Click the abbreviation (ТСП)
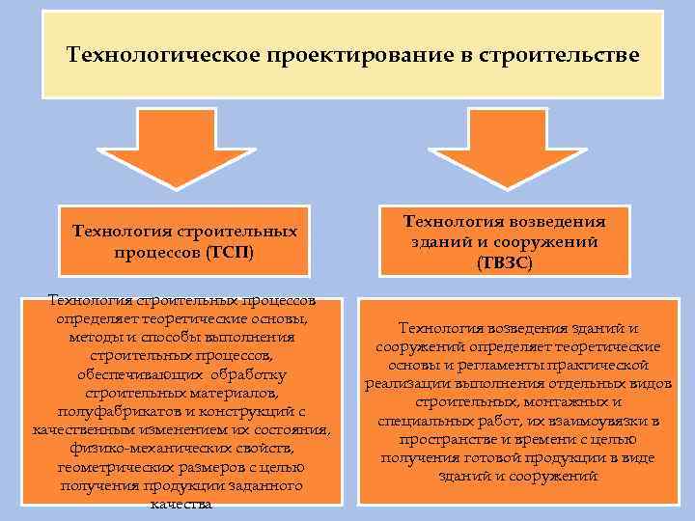pos(230,252)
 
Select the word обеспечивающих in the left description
pos(140,374)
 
